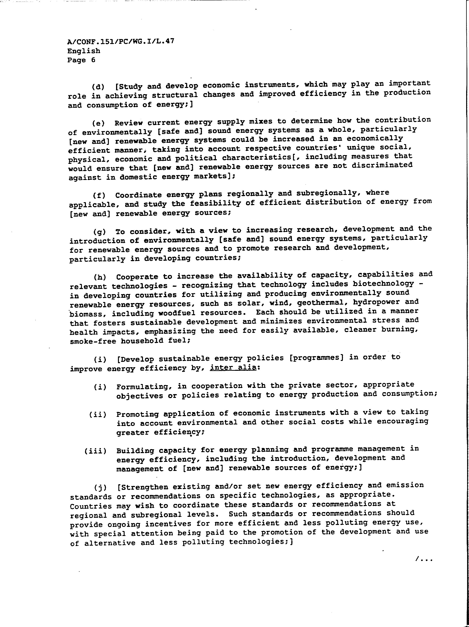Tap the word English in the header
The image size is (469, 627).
(84, 51)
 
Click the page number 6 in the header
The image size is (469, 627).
(93, 60)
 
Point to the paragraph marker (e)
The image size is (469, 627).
(98, 123)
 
